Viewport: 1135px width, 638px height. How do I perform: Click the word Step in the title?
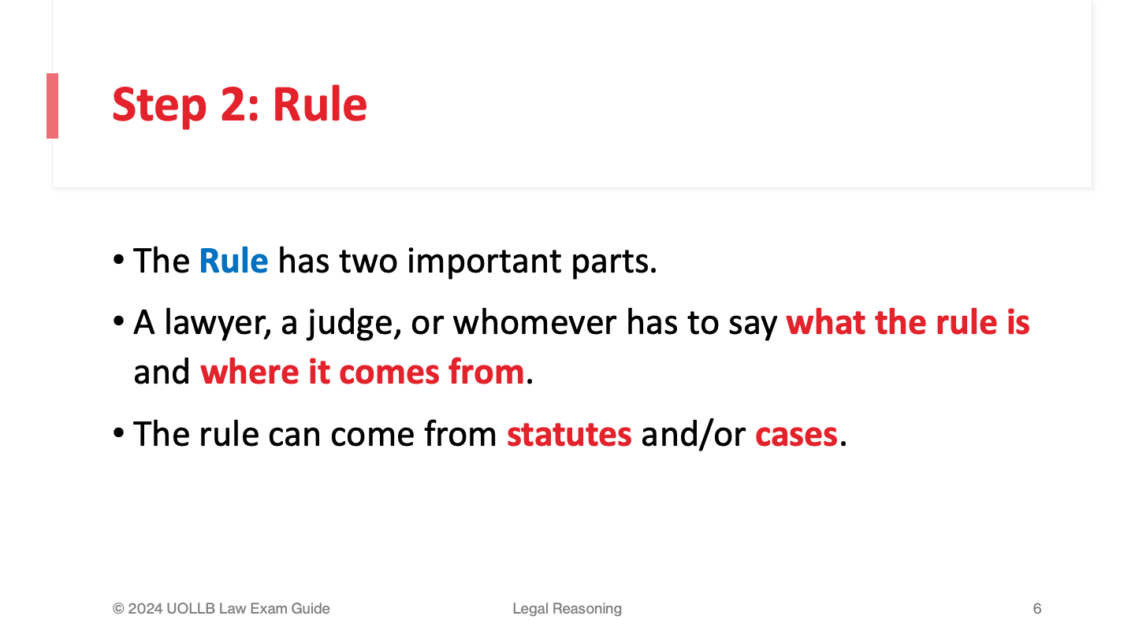tap(159, 105)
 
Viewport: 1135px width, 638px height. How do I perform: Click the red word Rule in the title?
tap(320, 104)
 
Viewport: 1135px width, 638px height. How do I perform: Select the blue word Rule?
tap(233, 262)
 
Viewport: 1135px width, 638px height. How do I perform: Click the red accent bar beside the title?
tap(52, 106)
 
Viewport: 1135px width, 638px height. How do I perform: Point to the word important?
tap(485, 262)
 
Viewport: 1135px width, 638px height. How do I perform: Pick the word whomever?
tap(534, 323)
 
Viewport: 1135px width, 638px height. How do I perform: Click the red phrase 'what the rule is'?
tap(907, 323)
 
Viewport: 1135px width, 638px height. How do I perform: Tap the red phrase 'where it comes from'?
tap(363, 372)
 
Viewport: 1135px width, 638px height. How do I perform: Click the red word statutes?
tap(569, 435)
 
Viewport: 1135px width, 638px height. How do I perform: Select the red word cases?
tap(796, 435)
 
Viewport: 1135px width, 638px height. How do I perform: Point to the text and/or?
tap(693, 435)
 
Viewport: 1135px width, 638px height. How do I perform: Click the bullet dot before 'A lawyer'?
tap(118, 321)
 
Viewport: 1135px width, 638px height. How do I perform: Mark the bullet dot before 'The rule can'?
tap(118, 433)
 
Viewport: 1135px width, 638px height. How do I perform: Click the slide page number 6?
tap(1037, 608)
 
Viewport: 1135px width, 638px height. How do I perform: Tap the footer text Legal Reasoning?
tap(567, 609)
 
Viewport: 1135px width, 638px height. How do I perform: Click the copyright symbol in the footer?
tap(118, 609)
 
